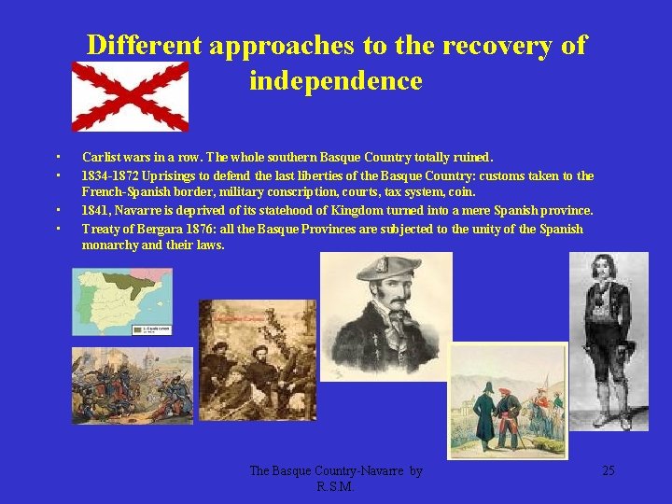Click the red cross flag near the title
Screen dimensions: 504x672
(x=130, y=96)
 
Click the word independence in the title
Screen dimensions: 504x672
(x=335, y=81)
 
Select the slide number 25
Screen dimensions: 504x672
(x=608, y=470)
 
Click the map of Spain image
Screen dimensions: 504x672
(x=122, y=302)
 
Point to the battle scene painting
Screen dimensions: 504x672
(x=132, y=385)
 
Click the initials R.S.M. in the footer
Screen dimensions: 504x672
(x=335, y=486)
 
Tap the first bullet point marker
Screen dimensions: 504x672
(x=58, y=158)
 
